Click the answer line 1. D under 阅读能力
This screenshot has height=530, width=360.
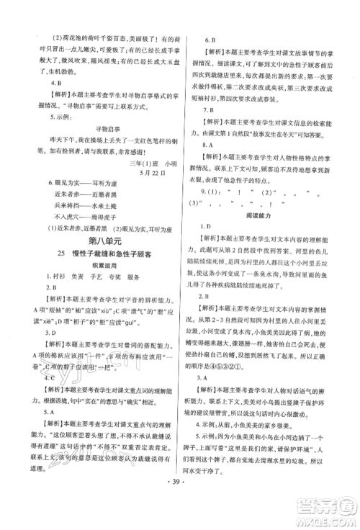point(210,227)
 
